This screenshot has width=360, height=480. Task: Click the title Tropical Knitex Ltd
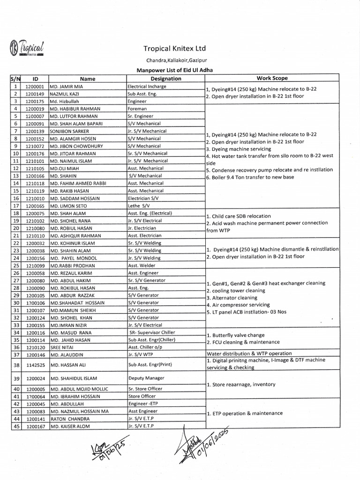pos(174,48)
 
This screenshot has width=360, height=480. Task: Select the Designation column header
pos(166,79)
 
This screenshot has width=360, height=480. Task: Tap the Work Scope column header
pos(272,79)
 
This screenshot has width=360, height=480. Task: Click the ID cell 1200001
pos(35,87)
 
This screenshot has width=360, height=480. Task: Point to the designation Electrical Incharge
pos(147,87)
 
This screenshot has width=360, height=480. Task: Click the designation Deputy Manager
pos(146,378)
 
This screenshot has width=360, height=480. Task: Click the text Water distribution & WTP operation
pos(249,353)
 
